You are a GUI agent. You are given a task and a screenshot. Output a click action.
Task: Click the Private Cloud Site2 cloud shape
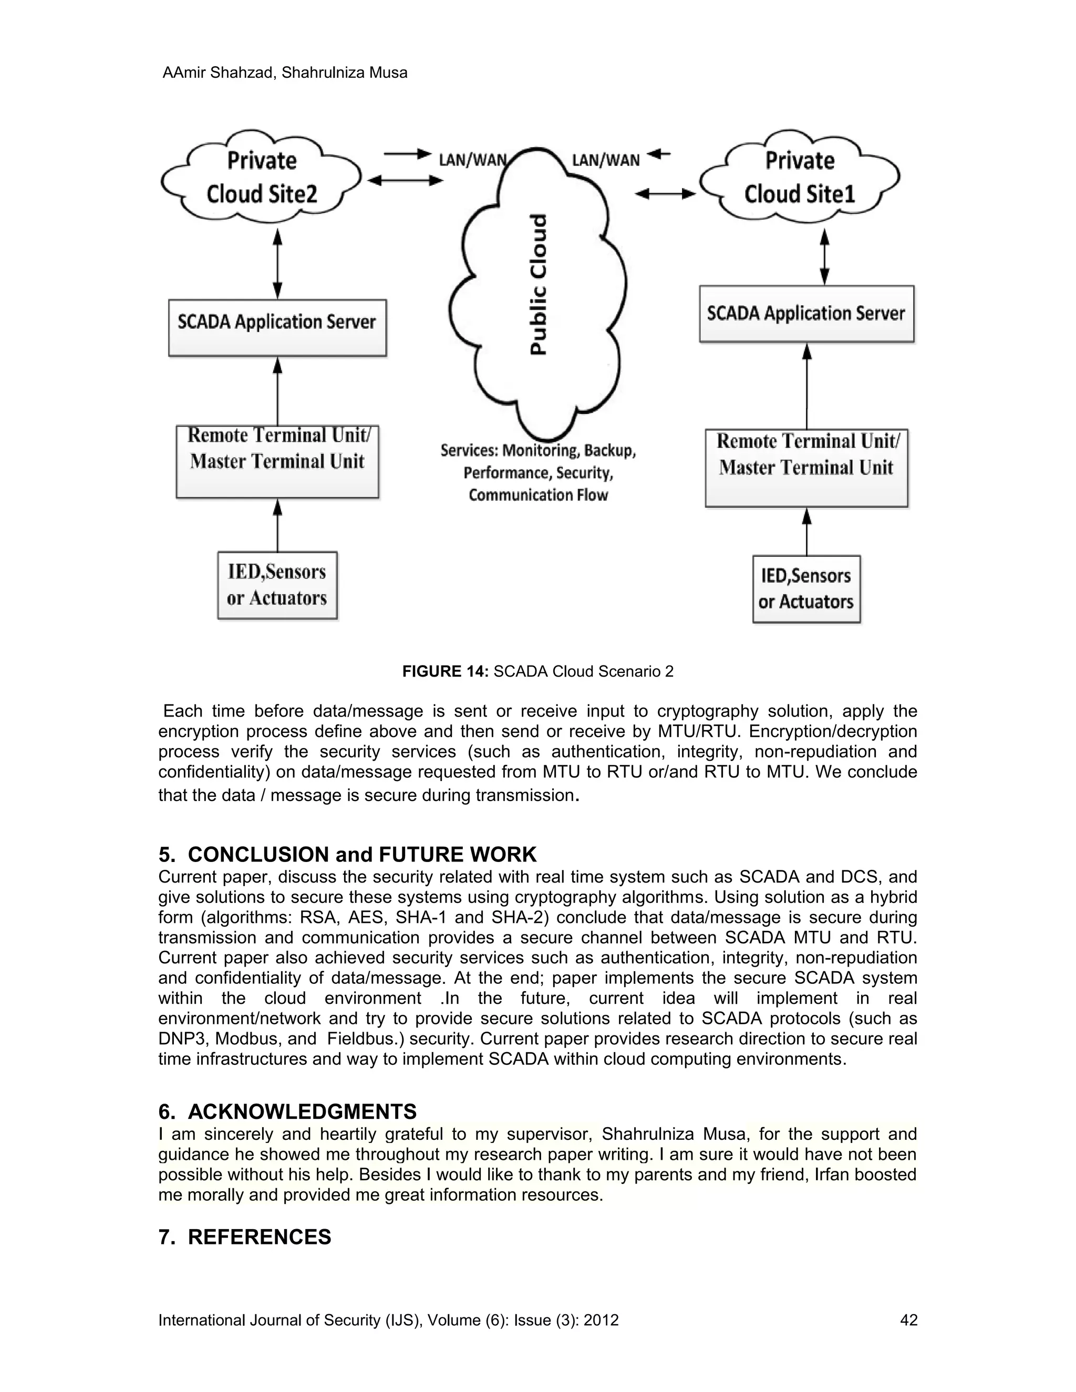(261, 177)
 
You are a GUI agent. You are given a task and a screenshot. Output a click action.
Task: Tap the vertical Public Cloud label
(539, 284)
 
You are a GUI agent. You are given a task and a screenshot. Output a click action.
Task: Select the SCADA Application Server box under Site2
(277, 328)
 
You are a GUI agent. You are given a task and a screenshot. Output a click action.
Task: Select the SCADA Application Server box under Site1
(806, 314)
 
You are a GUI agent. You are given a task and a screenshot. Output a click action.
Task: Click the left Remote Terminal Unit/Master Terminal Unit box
(277, 461)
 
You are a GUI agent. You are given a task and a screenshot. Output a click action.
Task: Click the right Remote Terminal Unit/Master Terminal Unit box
(806, 468)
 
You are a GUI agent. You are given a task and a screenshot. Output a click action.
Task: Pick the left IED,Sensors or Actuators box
(277, 585)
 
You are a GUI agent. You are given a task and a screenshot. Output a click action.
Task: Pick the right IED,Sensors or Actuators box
(806, 589)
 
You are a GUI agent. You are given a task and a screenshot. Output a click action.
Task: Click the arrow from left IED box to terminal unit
(277, 525)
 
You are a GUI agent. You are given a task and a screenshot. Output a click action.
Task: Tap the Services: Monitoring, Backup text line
(538, 451)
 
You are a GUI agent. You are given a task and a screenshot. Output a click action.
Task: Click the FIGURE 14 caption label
(445, 671)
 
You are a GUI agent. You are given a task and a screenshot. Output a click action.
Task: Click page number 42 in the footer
(908, 1320)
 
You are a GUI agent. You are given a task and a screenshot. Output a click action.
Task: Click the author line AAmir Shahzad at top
(284, 72)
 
